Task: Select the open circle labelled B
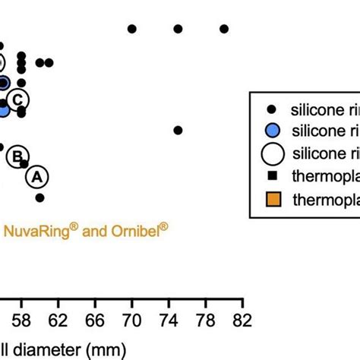(x=16, y=156)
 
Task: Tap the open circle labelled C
(x=17, y=99)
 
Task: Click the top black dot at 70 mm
(x=132, y=29)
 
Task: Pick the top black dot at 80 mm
(x=224, y=29)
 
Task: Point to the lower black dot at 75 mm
(x=178, y=130)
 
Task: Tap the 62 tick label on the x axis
(x=58, y=320)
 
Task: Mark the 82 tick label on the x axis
(x=242, y=320)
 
